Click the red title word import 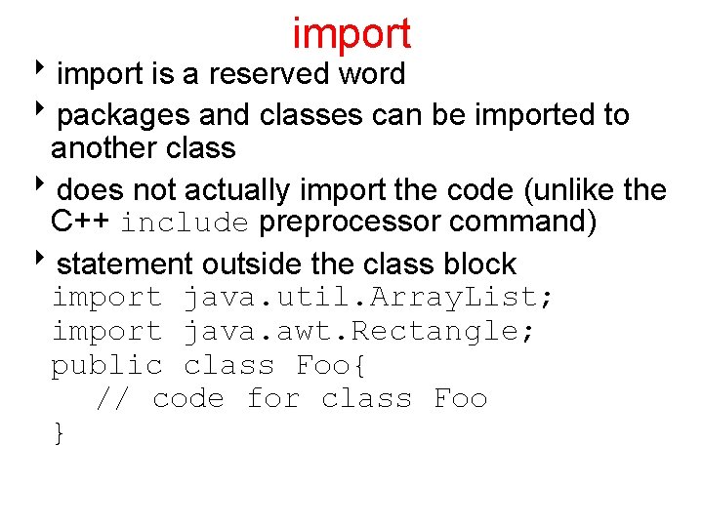(351, 33)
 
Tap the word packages (124, 115)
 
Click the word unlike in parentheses (574, 189)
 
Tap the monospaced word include (186, 223)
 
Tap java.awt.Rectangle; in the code (358, 331)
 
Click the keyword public (107, 365)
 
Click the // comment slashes (112, 398)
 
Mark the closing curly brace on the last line (61, 432)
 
